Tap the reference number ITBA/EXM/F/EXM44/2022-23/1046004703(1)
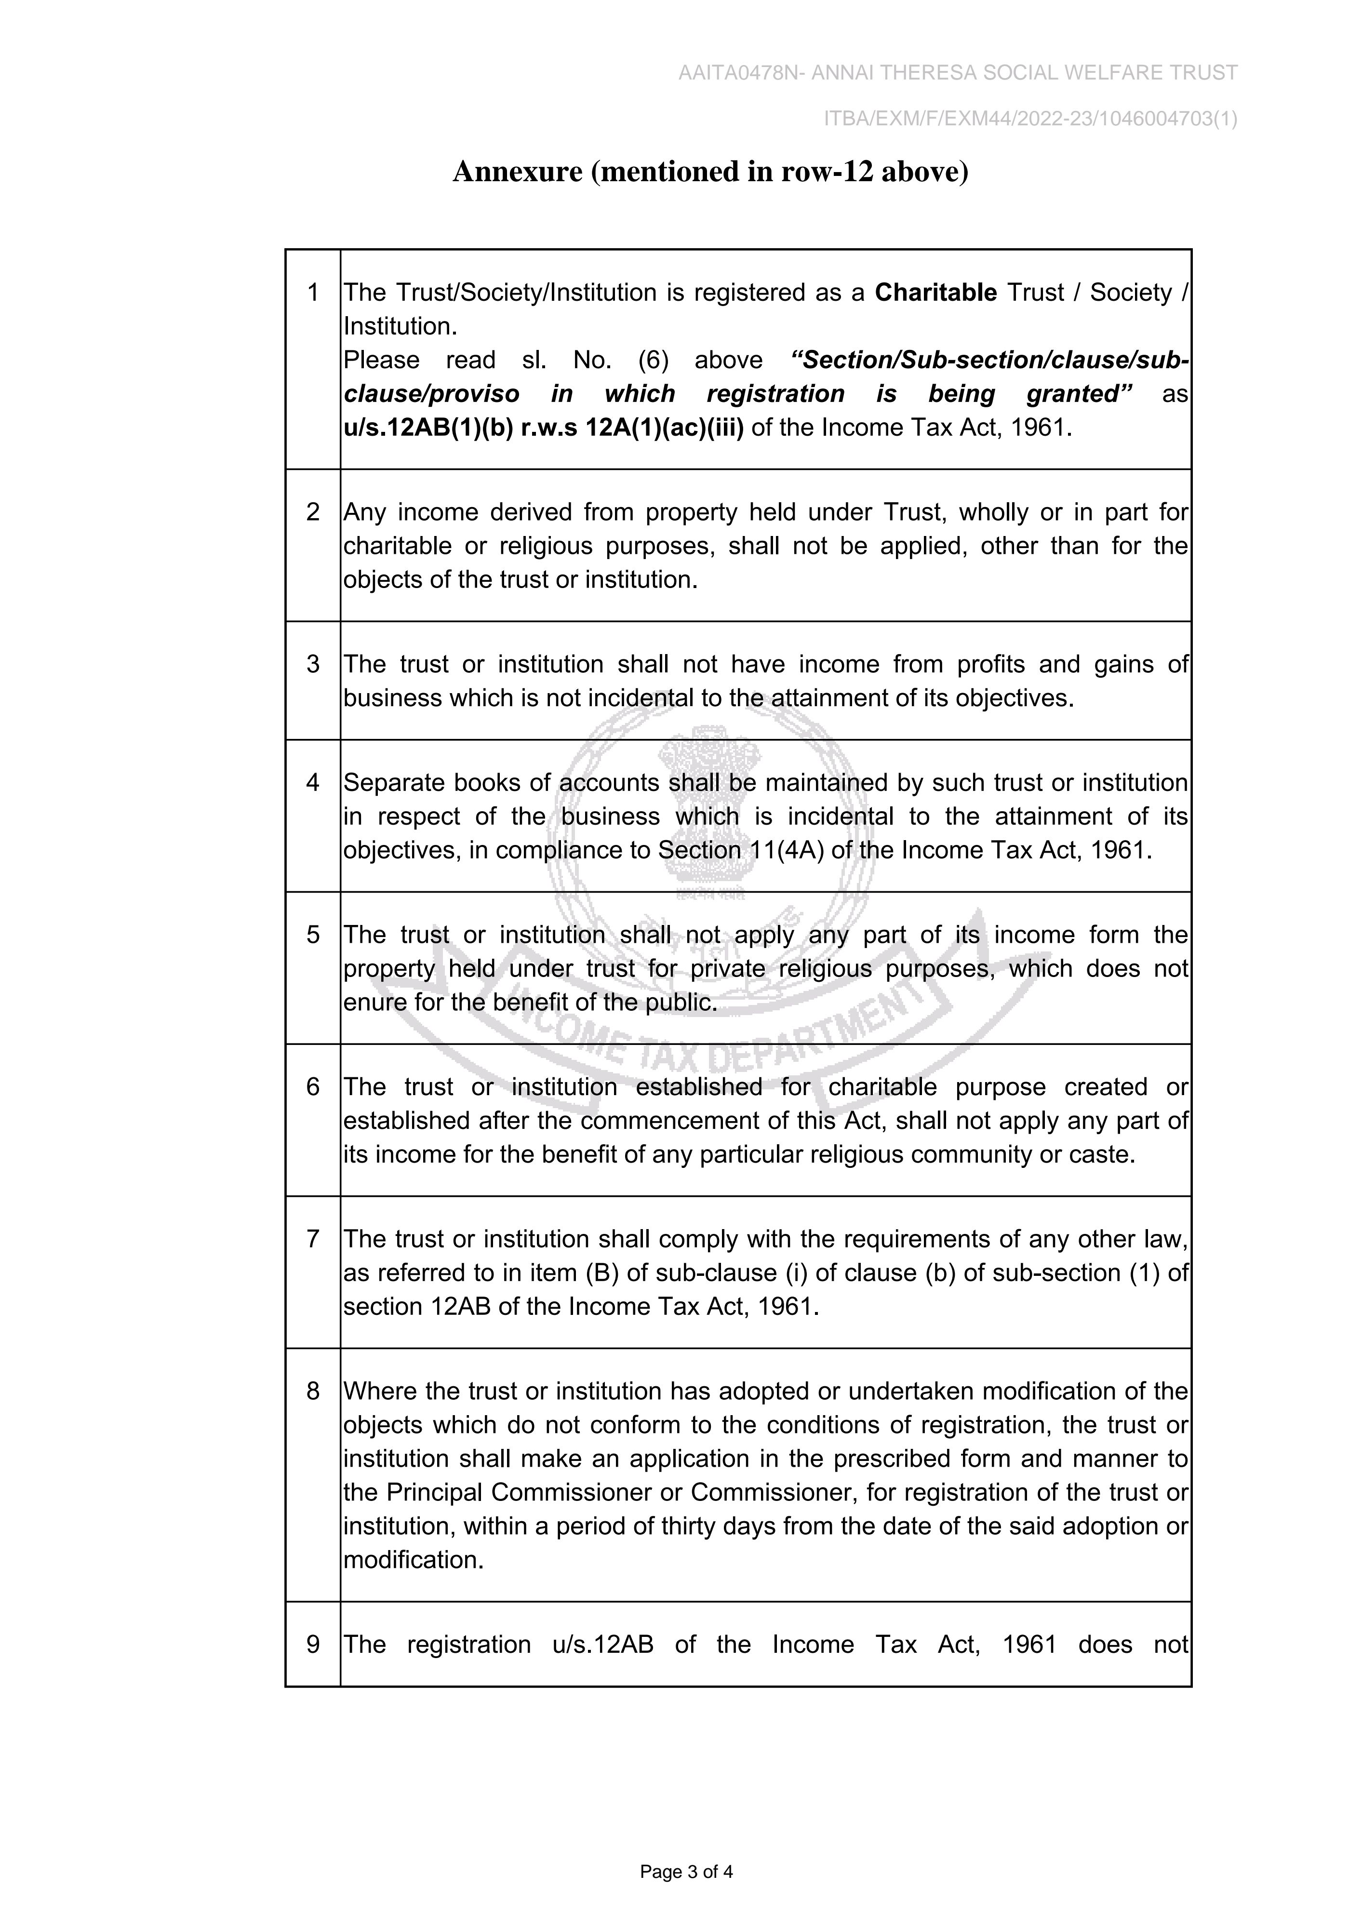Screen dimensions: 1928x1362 (1030, 119)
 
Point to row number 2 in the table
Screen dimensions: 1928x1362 (313, 512)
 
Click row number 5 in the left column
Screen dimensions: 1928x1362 (313, 935)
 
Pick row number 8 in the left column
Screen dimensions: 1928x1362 (313, 1392)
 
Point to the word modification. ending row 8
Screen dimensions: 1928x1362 (414, 1560)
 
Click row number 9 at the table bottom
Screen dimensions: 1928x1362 (313, 1644)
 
